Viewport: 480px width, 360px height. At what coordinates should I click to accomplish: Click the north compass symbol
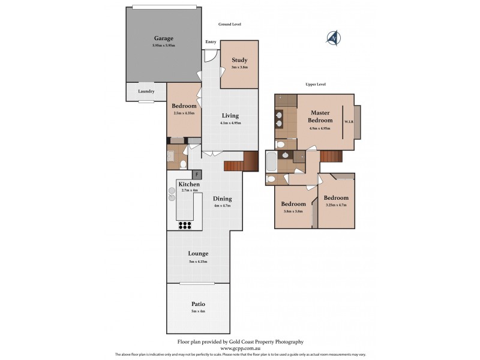[334, 38]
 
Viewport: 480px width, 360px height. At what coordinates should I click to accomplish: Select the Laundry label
[146, 91]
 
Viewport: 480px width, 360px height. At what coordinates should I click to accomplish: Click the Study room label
[239, 60]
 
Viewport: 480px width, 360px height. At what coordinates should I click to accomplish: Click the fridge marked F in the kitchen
[197, 175]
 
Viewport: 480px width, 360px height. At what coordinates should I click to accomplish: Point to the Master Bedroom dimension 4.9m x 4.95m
[320, 128]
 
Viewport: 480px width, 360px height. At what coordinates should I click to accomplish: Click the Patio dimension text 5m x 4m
[198, 311]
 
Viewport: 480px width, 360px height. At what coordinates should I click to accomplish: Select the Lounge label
[197, 254]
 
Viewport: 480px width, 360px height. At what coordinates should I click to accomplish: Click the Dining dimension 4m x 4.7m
[222, 206]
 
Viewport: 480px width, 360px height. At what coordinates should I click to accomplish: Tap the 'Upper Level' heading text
[315, 85]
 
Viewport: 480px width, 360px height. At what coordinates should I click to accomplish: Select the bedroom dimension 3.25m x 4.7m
[336, 205]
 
